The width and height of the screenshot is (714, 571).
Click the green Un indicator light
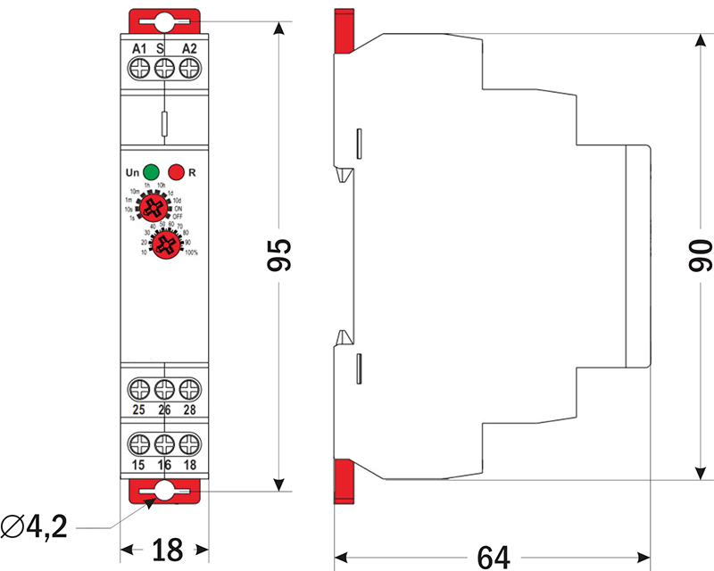tap(151, 170)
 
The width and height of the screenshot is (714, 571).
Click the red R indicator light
tap(176, 170)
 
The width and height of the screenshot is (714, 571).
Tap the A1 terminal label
tap(138, 47)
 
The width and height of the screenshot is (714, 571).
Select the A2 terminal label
tap(188, 47)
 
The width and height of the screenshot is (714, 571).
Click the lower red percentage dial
tap(163, 244)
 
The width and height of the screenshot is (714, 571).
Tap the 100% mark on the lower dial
tap(190, 254)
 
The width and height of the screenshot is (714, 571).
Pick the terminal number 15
tap(139, 465)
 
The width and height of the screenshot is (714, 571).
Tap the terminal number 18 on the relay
tap(188, 465)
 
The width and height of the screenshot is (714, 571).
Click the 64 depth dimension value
tap(493, 556)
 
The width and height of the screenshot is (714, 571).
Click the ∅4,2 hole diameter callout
tap(35, 527)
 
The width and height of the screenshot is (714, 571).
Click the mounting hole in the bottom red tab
tap(163, 490)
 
